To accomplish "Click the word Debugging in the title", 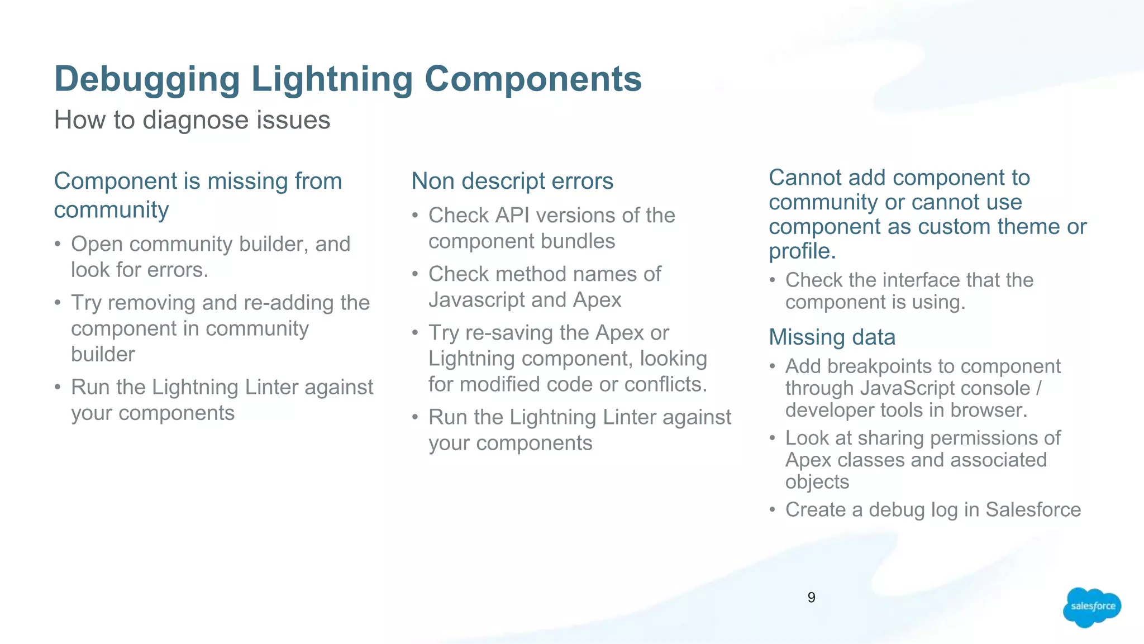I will [147, 79].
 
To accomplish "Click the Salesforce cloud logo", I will [1091, 607].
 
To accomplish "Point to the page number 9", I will [811, 598].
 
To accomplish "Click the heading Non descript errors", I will [512, 181].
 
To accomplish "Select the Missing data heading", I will [832, 337].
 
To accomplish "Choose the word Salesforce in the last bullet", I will [1033, 509].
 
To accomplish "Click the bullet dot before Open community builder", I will [58, 245].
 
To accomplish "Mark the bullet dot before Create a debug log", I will [772, 510].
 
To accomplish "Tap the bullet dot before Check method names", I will [415, 275].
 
